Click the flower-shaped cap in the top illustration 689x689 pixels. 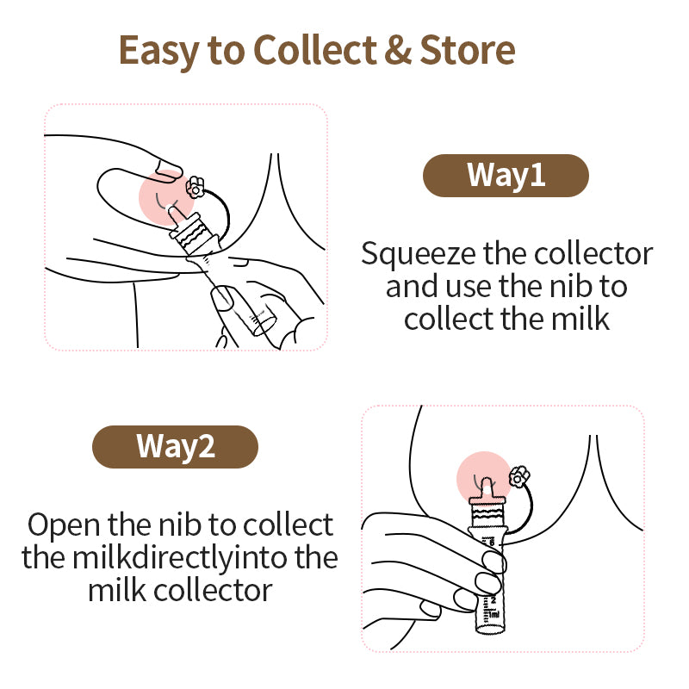click(196, 185)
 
